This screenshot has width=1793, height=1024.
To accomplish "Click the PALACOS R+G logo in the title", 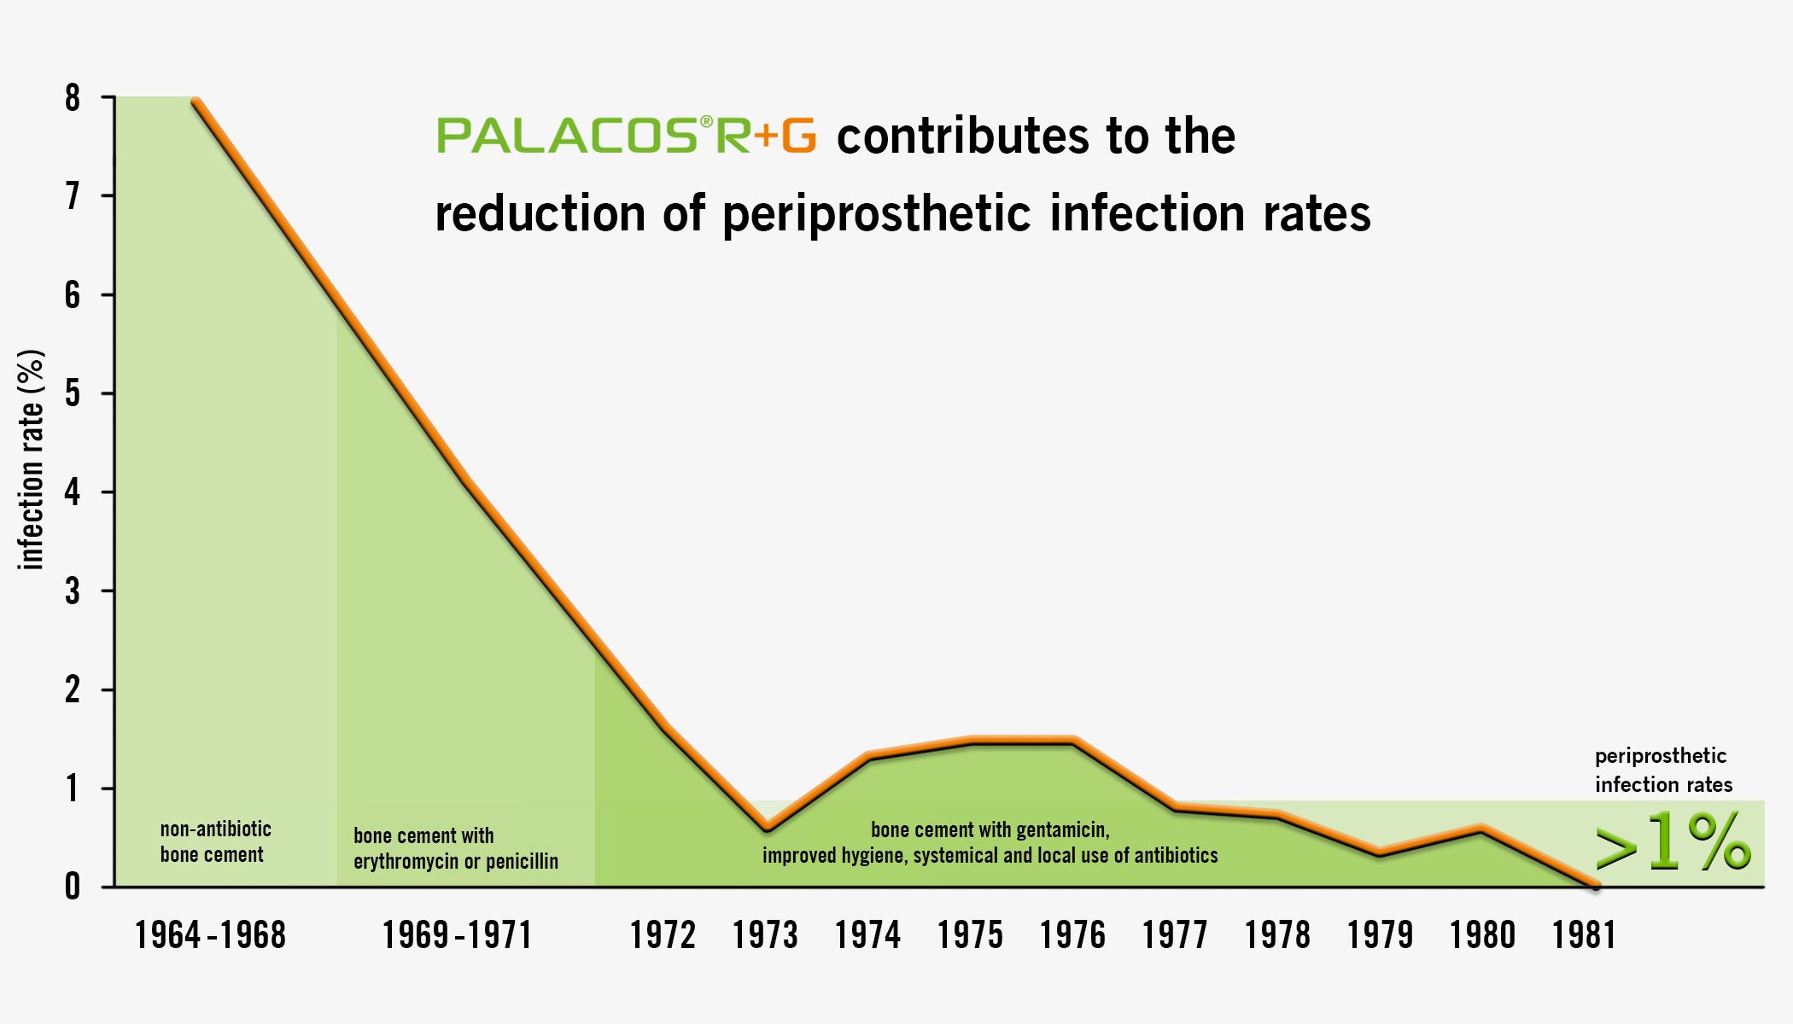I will tap(627, 137).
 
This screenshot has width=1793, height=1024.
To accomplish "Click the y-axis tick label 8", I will tap(73, 98).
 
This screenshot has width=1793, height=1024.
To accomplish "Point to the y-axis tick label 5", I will tap(73, 393).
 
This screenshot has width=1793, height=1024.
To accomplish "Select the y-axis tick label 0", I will tap(73, 887).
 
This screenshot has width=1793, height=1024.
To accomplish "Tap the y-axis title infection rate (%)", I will tap(31, 460).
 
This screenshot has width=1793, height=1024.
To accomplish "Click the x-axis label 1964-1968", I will tap(210, 935).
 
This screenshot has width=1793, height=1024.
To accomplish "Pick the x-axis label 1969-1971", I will tap(457, 935).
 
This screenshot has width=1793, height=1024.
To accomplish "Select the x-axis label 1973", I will tap(765, 935).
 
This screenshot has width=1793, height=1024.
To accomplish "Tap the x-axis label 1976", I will tap(1072, 935).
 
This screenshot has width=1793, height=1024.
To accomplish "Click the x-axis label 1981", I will tap(1584, 935).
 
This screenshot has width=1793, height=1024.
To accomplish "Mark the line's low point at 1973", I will tap(767, 828).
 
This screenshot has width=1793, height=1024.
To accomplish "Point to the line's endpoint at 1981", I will tap(1595, 886).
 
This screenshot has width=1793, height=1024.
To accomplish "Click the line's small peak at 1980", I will tap(1481, 829).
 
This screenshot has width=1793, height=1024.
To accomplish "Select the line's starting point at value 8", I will tap(196, 102).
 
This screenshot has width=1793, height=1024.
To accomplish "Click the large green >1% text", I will tap(1672, 843).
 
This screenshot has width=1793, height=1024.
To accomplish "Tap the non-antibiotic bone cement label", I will tap(215, 841).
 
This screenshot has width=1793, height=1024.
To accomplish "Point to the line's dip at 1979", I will tap(1380, 852).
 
